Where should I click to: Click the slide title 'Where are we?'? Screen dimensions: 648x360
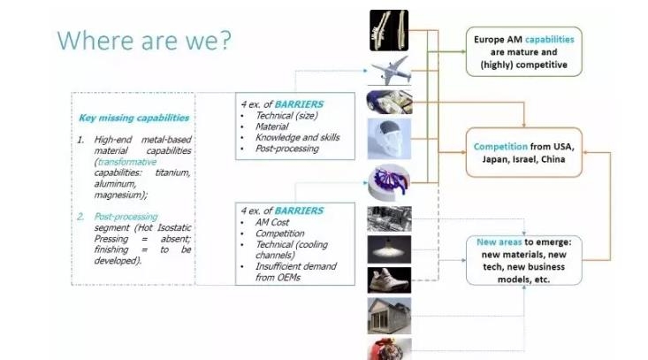coord(144,41)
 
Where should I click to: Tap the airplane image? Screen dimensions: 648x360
coord(390,71)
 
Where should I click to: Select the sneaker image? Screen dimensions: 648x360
coord(389,280)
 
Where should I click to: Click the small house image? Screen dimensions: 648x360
coord(389,316)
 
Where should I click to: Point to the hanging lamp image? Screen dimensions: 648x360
coord(389,249)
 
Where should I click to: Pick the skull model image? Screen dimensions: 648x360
coord(389,139)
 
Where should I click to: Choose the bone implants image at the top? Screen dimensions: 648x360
coord(389,30)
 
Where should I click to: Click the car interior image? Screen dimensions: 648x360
coord(389,102)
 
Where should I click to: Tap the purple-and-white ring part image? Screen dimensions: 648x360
coord(389,183)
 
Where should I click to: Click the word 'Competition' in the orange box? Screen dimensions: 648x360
coord(500,147)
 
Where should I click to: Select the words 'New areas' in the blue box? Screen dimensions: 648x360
coord(499,242)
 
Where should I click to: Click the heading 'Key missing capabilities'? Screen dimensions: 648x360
coord(133,118)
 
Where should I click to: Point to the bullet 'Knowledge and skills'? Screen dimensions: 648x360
coord(297,137)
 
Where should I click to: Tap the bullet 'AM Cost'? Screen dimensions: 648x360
coord(272,222)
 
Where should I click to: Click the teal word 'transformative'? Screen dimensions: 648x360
coord(127,162)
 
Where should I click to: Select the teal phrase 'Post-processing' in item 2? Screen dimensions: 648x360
coord(126,217)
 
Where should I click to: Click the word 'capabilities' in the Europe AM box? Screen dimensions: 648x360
coord(550,40)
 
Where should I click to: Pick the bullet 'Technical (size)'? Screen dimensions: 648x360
coord(286,116)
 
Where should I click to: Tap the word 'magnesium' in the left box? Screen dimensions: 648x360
coord(119,195)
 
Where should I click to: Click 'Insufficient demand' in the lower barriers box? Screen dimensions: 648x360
coord(296,266)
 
